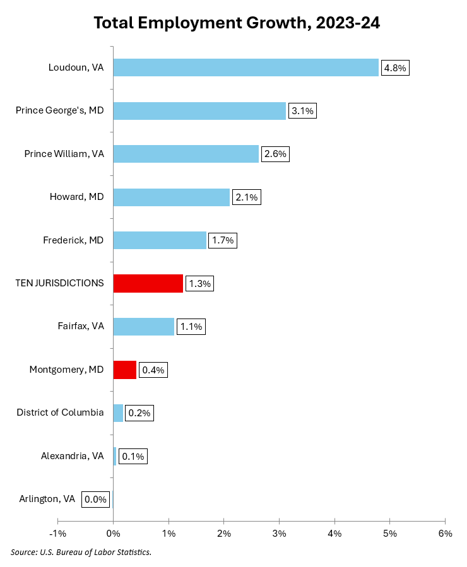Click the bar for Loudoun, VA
(245, 67)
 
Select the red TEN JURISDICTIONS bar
(148, 284)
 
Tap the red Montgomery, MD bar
(124, 370)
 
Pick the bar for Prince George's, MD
(199, 111)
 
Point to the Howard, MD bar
(171, 197)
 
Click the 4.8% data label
(395, 67)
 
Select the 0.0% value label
(95, 500)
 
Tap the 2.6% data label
(275, 155)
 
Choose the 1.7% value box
(222, 240)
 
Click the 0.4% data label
(153, 370)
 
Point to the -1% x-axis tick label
(57, 534)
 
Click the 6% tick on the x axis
(445, 534)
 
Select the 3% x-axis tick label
(279, 534)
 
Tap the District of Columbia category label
(60, 412)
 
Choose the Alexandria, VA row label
(72, 456)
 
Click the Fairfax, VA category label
(80, 327)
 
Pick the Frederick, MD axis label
(73, 240)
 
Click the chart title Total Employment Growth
(237, 23)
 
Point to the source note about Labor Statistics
(81, 552)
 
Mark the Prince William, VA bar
(186, 154)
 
